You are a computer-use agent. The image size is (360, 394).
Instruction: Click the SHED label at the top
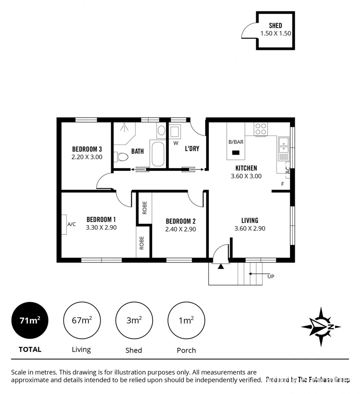(x=275, y=26)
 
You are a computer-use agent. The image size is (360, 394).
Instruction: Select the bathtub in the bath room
(x=158, y=154)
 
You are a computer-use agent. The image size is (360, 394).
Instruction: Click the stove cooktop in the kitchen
(x=261, y=129)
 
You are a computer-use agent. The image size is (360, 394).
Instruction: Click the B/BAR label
(x=235, y=142)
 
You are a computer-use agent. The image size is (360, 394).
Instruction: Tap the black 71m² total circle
(x=30, y=321)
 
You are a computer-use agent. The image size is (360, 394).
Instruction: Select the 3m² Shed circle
(x=134, y=321)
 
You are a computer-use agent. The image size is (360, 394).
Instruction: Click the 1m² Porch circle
(x=186, y=321)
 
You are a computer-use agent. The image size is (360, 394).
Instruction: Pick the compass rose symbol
(x=321, y=327)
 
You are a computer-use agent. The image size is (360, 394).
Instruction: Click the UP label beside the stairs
(x=271, y=277)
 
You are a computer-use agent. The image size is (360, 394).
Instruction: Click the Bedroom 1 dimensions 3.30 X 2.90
(x=101, y=227)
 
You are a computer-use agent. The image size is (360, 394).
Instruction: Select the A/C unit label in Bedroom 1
(x=71, y=224)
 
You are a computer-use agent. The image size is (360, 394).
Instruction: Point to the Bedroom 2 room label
(x=181, y=221)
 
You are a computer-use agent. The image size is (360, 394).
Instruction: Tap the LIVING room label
(x=250, y=220)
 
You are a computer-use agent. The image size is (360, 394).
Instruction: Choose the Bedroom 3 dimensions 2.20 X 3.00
(x=87, y=157)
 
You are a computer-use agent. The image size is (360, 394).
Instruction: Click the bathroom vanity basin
(x=161, y=130)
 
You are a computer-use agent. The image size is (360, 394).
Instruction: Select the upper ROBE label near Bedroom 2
(x=145, y=207)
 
